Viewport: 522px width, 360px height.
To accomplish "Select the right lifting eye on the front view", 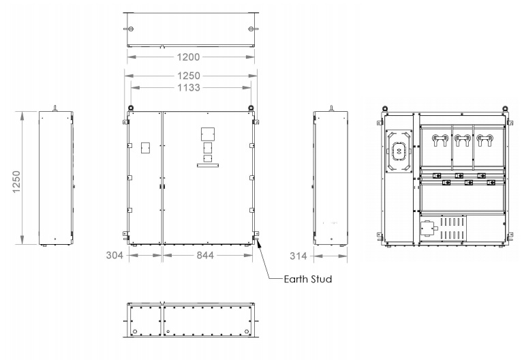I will [x=251, y=107].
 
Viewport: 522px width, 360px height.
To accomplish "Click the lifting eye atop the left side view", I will [x=56, y=107].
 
